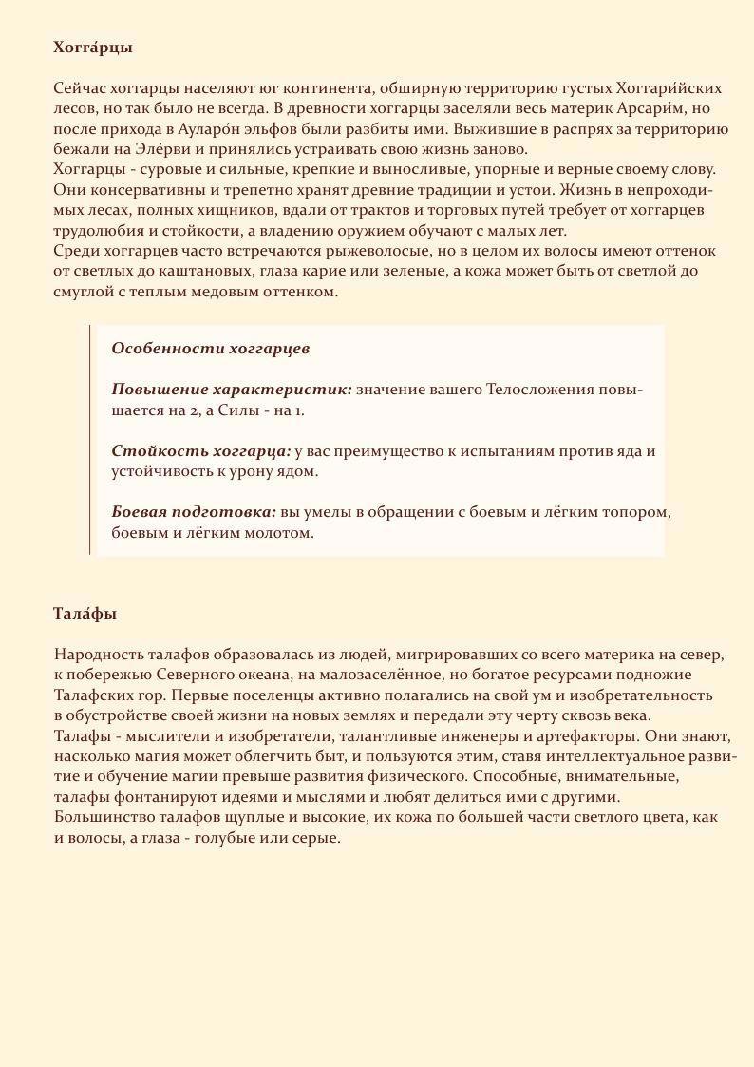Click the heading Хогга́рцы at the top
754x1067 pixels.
pyautogui.click(x=93, y=47)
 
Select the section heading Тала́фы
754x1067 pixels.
pyautogui.click(x=85, y=614)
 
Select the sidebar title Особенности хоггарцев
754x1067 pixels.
pyautogui.click(x=211, y=349)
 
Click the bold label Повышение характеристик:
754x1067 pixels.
pyautogui.click(x=232, y=390)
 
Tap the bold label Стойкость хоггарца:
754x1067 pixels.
pyautogui.click(x=201, y=451)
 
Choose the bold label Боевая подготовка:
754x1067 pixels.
pyautogui.click(x=194, y=512)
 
